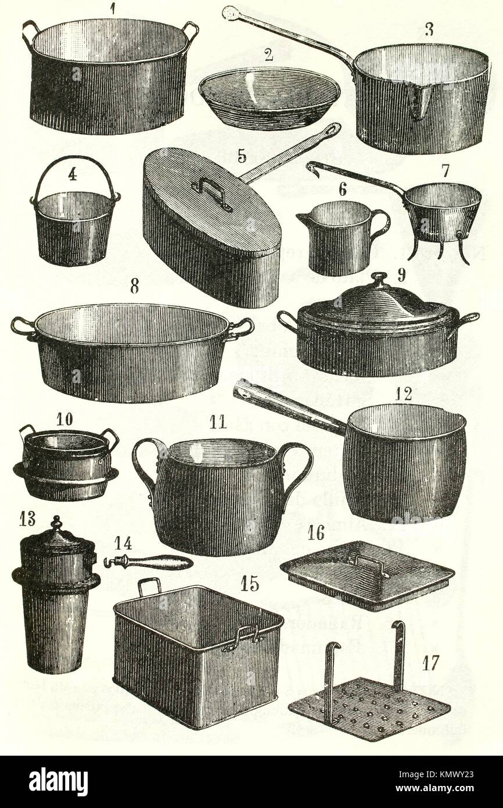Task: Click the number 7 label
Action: click(x=445, y=171)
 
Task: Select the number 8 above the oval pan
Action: click(x=134, y=287)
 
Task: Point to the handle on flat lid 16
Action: click(x=365, y=561)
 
